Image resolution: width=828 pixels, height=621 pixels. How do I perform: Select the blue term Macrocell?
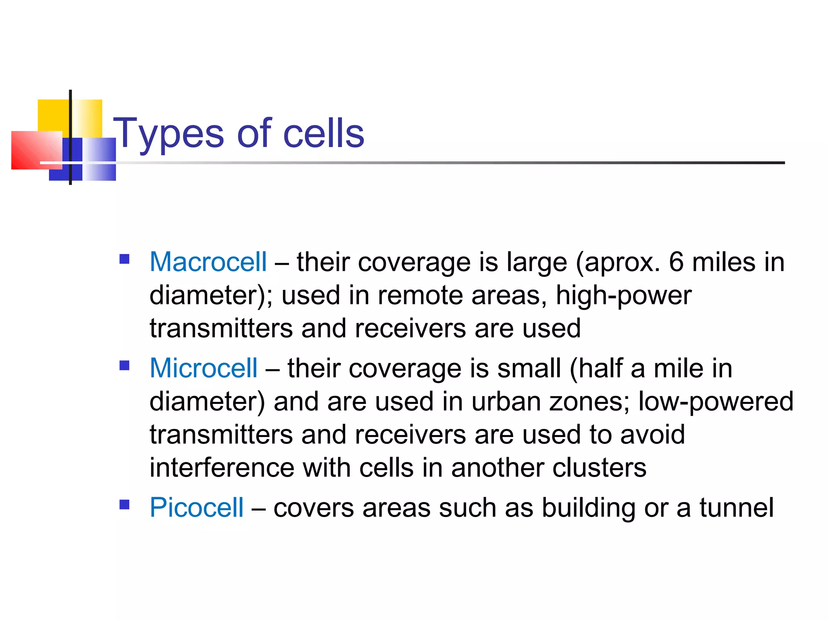tap(208, 262)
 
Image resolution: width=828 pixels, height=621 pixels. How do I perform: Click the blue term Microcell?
tap(203, 368)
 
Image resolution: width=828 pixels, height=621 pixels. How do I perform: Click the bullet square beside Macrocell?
tap(125, 259)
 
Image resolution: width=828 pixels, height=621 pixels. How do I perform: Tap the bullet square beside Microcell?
tap(125, 365)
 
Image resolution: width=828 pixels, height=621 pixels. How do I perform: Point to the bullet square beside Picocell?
tap(125, 504)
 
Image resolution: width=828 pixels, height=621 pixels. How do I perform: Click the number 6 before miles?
tap(676, 262)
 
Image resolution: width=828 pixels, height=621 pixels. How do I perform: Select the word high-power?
tap(623, 295)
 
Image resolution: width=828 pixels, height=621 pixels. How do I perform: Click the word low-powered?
tap(716, 401)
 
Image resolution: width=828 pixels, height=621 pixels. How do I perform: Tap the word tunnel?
tap(737, 507)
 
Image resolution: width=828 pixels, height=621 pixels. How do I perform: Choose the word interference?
tap(222, 468)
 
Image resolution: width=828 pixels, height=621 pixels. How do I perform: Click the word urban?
tap(506, 401)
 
